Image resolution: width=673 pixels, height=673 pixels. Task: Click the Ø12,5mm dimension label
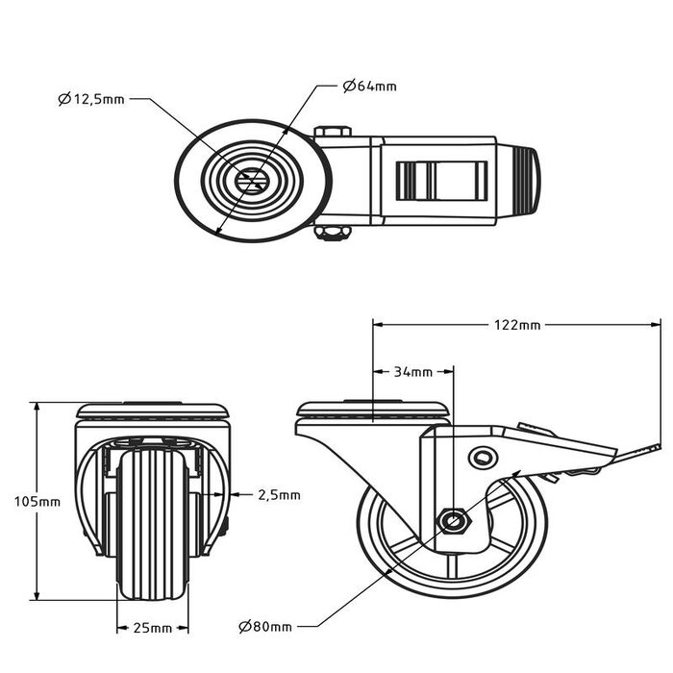tap(91, 100)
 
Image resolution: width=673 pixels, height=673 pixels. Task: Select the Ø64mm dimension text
tap(369, 87)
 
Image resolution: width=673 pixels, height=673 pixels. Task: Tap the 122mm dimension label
tap(517, 325)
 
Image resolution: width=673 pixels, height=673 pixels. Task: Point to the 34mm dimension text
tap(412, 372)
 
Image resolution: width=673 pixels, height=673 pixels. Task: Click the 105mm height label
tap(37, 501)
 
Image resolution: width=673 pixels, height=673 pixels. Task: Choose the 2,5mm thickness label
tap(279, 495)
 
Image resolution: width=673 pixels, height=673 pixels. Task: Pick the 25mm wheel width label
tap(153, 628)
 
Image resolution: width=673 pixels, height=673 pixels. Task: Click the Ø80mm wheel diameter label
tap(265, 627)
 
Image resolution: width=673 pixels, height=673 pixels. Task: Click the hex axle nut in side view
tap(454, 521)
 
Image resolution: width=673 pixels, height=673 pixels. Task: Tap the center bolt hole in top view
tap(252, 181)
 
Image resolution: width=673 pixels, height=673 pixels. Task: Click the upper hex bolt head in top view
tap(333, 132)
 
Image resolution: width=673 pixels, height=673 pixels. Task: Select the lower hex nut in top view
tap(333, 233)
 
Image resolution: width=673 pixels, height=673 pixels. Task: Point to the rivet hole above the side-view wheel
tap(484, 458)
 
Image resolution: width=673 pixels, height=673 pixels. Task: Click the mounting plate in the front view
tap(152, 411)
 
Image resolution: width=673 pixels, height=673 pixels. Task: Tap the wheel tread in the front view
tap(152, 524)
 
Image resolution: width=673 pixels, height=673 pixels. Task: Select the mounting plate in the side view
tap(373, 411)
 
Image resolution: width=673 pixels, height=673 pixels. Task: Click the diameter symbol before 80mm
tap(244, 627)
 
